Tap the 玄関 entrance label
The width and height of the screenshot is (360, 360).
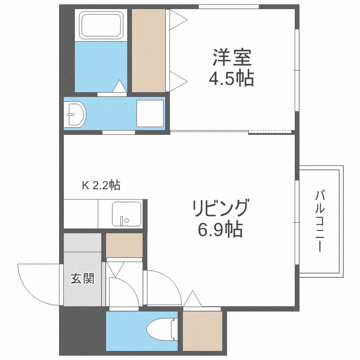tap(82, 278)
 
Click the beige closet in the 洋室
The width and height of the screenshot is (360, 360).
tap(148, 50)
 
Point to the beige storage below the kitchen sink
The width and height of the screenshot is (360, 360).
tap(124, 244)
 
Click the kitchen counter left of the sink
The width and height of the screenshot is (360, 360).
tap(81, 214)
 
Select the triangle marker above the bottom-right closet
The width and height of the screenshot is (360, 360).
tap(193, 300)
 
